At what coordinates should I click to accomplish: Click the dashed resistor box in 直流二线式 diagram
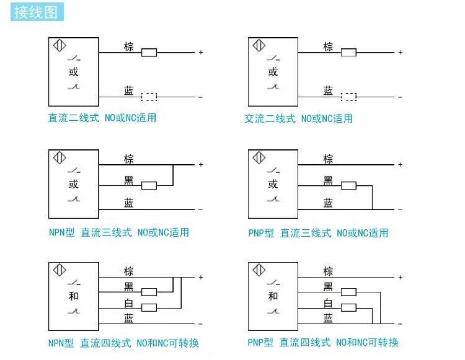pos(149,97)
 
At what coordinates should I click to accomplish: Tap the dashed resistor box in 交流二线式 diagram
pos(348,97)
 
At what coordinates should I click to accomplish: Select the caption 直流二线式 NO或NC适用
pos(102,118)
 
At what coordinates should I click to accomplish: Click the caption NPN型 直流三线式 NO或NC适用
pos(118,233)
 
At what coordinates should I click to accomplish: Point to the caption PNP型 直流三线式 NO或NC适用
pos(318,233)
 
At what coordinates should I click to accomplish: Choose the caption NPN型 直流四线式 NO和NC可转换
pos(123,343)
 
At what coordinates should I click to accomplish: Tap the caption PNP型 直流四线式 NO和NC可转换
pos(323,343)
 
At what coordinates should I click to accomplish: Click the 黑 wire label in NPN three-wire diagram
pos(129,180)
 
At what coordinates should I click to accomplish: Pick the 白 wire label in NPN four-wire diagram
pos(129,303)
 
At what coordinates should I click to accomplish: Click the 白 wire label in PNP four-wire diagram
pos(328,303)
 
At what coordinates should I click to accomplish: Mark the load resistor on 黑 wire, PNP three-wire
pos(348,185)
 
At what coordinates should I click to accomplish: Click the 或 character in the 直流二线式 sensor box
pos(74,72)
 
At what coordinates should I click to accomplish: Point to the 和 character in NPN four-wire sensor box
pos(74,296)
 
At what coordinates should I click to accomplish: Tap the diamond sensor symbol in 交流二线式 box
pos(259,46)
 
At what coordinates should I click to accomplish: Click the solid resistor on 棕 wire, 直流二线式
pos(149,53)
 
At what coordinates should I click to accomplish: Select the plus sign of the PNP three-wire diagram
pos(401,165)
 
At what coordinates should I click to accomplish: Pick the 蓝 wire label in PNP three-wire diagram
pos(328,203)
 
